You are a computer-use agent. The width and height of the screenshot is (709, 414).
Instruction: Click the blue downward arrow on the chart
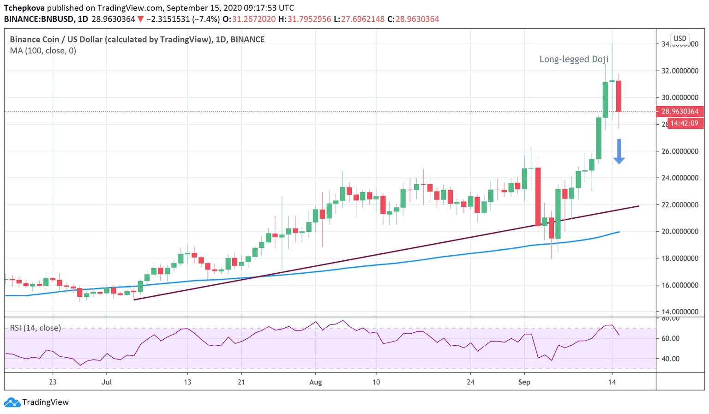[x=619, y=151]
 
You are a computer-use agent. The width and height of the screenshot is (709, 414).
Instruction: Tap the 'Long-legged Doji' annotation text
[x=574, y=59]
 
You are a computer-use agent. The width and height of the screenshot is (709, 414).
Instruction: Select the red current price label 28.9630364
[x=680, y=111]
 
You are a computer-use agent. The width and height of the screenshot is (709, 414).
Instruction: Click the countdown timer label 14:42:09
[x=685, y=123]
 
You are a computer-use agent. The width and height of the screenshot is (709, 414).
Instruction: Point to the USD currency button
[x=680, y=38]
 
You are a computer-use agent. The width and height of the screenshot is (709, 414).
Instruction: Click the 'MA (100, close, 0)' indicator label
[x=43, y=51]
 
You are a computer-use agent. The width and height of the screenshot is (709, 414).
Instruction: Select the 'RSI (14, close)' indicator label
[x=36, y=328]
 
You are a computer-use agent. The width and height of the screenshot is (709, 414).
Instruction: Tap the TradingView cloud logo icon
[x=12, y=402]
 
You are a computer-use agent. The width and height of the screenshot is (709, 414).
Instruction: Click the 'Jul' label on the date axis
[x=107, y=382]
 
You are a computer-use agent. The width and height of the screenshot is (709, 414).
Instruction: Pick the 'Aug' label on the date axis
[x=315, y=382]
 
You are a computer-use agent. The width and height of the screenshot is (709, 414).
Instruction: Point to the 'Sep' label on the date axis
[x=524, y=382]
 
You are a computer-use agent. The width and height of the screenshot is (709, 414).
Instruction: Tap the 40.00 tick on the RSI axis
[x=670, y=359]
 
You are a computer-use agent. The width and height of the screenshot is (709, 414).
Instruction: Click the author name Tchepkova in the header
[x=24, y=8]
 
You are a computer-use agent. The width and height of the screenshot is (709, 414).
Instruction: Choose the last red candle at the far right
[x=619, y=96]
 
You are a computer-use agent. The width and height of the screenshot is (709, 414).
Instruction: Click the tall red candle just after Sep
[x=538, y=196]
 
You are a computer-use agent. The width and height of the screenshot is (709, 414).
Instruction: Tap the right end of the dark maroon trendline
[x=638, y=206]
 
